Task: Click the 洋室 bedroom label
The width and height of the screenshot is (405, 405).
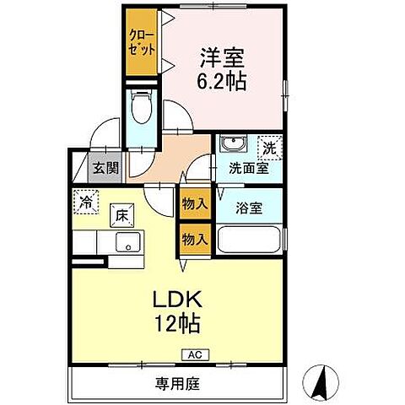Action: (221, 60)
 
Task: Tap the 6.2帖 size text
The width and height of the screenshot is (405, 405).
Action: (221, 82)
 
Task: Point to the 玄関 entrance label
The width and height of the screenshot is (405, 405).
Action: (105, 167)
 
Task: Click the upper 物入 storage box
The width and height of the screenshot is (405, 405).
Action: (194, 203)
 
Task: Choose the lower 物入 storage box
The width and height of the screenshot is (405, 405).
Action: (194, 239)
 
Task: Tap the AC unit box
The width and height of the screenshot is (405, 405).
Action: (193, 354)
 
